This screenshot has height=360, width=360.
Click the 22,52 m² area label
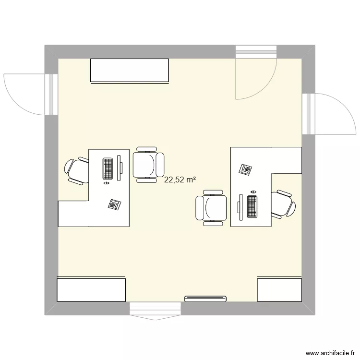coord(180,180)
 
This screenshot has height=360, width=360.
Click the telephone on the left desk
coord(114,204)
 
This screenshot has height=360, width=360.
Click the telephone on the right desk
coord(246,169)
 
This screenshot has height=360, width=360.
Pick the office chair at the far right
coord(283,204)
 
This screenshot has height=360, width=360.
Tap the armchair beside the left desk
coord(148,165)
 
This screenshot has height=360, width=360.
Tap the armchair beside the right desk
coord(211,207)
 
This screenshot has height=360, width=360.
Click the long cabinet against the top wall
coord(130,71)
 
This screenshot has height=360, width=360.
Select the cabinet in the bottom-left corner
coord(91,289)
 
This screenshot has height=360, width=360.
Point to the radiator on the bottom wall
coord(205,298)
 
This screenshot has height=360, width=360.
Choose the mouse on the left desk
coord(106,183)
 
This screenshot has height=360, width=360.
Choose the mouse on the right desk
coord(253,192)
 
